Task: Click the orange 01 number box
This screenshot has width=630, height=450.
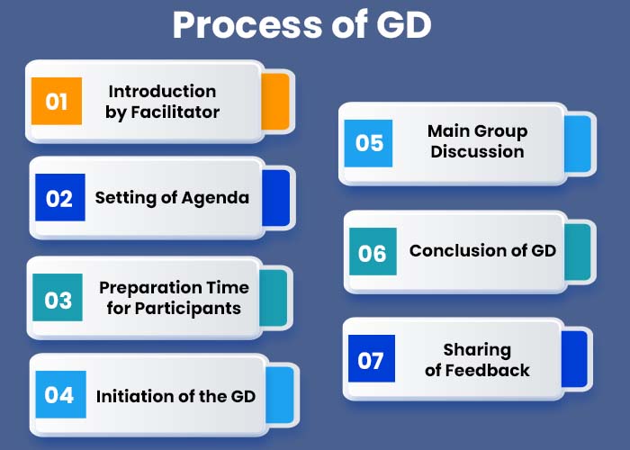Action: [57, 101]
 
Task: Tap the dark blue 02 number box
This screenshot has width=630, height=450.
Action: [60, 197]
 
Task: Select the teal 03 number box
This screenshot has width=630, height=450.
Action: [58, 297]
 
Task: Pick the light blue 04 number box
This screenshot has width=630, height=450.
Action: [60, 394]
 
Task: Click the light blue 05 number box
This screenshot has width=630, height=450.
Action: [368, 143]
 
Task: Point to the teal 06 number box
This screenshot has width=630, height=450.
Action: [373, 251]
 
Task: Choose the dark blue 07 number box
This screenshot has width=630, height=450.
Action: [372, 358]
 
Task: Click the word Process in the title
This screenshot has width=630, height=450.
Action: [247, 25]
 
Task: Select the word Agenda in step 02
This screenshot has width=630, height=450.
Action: [215, 199]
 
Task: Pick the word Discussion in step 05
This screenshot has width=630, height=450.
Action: [477, 152]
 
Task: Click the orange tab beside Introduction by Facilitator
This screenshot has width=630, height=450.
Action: [275, 102]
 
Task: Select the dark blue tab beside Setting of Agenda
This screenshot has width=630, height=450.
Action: [276, 198]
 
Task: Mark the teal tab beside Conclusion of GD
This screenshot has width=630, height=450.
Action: [578, 252]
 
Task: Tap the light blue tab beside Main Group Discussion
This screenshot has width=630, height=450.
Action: [578, 144]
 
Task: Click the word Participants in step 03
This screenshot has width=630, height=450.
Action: [188, 309]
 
